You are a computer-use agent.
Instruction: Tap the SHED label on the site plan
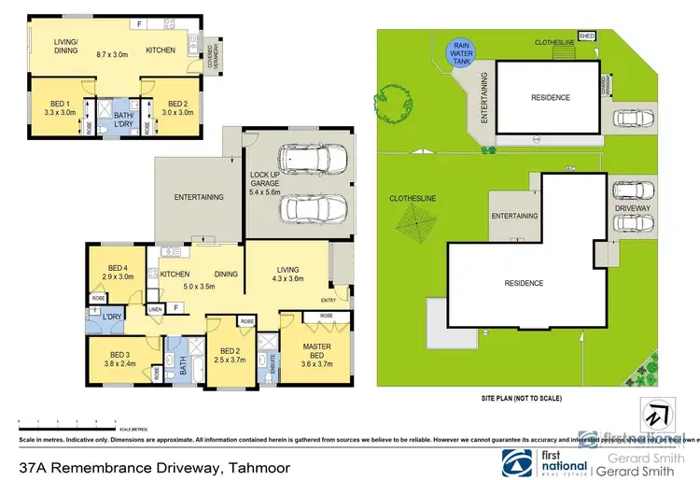point(586,36)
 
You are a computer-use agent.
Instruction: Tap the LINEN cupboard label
point(155,310)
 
